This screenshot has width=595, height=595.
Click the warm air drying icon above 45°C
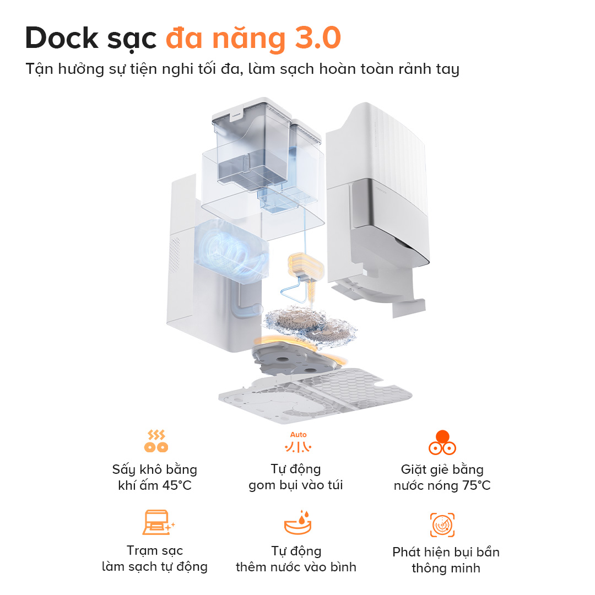(x=155, y=441)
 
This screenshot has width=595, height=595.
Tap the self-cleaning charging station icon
(x=157, y=523)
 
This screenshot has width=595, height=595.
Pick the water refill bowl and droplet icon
(x=297, y=523)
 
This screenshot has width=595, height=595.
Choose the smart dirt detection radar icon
(x=442, y=524)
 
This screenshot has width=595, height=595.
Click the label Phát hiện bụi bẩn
(x=446, y=552)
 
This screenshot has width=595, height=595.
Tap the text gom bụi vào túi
(x=295, y=485)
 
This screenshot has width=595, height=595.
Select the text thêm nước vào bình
(x=296, y=567)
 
